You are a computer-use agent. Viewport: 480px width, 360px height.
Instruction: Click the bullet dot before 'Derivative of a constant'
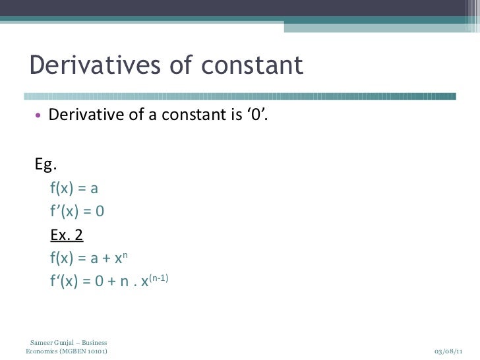38,117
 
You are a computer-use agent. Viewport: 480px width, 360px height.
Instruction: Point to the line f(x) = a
74,189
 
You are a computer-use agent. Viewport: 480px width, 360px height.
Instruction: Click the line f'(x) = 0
77,212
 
